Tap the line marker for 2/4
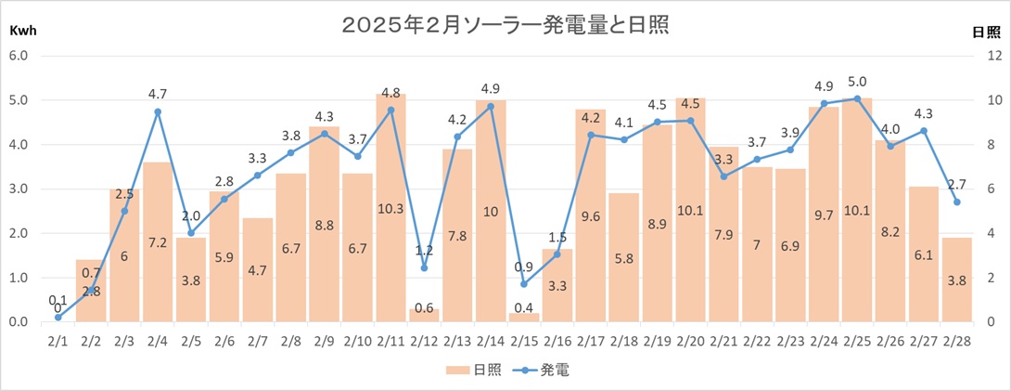[x=158, y=112]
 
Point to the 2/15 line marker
[x=524, y=283]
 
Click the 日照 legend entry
[x=475, y=370]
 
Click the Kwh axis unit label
[x=24, y=31]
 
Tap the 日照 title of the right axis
[x=984, y=32]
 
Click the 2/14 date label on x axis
[x=491, y=342]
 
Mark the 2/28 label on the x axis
[x=956, y=342]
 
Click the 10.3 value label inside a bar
[x=390, y=209]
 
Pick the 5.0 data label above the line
[x=857, y=81]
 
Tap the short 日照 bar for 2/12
[x=424, y=315]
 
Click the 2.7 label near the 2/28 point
[x=956, y=184]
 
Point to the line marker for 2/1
[x=58, y=318]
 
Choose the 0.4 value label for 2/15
[x=524, y=307]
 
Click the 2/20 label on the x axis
[x=690, y=342]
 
